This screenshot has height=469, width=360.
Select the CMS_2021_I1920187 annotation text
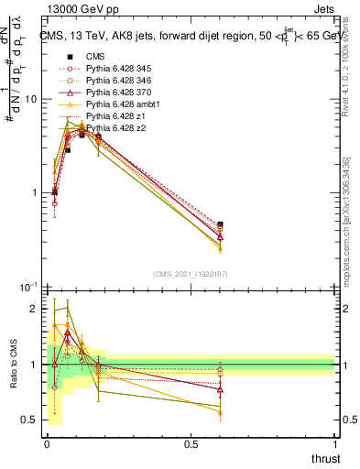coord(191,273)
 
